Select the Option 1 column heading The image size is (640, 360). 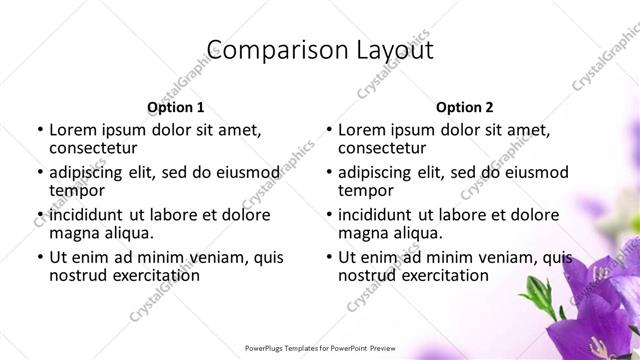175,107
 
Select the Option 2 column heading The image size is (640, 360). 465,107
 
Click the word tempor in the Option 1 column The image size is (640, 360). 76,190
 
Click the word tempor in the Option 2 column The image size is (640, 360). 366,190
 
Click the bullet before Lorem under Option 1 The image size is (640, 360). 39,130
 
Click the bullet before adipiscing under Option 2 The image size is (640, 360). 329,173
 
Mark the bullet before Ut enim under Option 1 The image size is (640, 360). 39,258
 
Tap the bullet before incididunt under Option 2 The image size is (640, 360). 329,215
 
